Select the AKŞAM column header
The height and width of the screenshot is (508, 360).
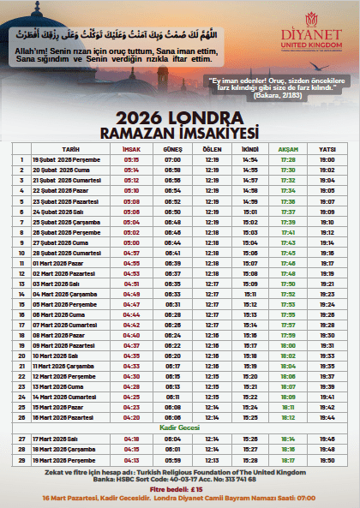[288, 148]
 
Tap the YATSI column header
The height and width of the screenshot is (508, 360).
[327, 148]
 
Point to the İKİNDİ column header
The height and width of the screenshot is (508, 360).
[249, 148]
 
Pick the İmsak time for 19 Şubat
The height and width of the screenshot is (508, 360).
[131, 159]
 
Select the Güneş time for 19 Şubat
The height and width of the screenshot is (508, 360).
[173, 159]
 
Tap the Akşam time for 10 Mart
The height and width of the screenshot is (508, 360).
[288, 354]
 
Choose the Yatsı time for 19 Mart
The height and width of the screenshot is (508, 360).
[327, 460]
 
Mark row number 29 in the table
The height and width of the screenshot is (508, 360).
[21, 460]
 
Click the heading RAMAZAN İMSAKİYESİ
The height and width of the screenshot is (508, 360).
[179, 132]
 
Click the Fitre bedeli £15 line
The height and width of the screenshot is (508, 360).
[179, 489]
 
